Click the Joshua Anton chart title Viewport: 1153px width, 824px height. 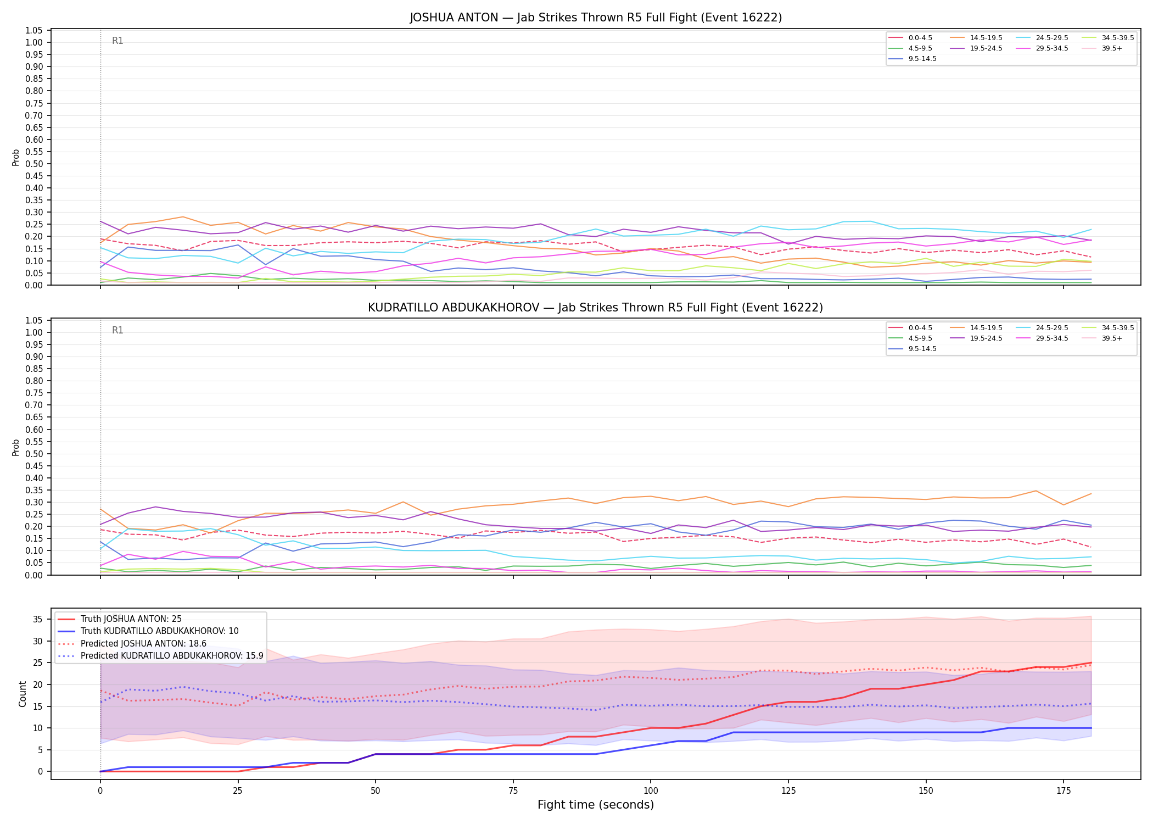pos(596,18)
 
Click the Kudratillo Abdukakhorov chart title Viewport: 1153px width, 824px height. pos(596,308)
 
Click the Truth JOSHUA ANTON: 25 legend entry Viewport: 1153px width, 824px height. pos(120,619)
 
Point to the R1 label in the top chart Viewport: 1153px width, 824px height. pos(117,41)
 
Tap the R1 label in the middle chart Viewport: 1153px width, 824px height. pos(117,330)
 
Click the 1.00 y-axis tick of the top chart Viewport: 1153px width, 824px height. pos(34,42)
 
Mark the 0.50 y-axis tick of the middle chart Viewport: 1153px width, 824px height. pos(34,454)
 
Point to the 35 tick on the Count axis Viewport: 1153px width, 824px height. pos(38,619)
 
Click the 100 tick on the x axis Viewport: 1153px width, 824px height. pos(650,791)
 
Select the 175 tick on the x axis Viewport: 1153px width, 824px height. pos(1064,791)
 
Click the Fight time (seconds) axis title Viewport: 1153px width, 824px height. pos(596,805)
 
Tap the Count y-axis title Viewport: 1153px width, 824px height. pos(23,694)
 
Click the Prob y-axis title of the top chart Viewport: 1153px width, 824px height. pos(16,157)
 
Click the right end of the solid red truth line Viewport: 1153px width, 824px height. pos(1091,663)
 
